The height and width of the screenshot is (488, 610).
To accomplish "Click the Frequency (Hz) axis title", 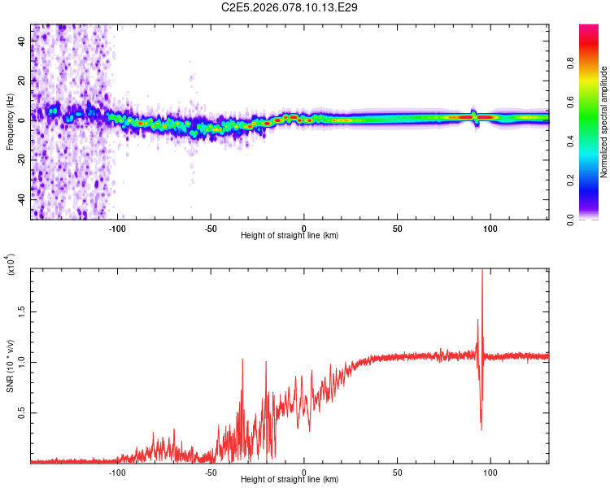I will click(10, 122).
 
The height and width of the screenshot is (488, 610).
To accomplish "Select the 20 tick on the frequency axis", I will click(22, 80).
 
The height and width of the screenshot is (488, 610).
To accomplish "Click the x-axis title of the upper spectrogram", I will click(290, 236).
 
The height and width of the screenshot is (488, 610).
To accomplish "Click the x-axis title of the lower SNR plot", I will click(290, 480).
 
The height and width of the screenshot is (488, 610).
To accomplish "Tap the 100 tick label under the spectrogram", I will click(490, 227).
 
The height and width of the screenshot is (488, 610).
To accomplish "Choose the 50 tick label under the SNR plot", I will click(397, 471).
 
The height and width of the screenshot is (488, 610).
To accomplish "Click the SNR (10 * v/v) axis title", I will click(10, 366).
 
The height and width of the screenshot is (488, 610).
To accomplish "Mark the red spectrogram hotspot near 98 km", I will click(486, 117).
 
